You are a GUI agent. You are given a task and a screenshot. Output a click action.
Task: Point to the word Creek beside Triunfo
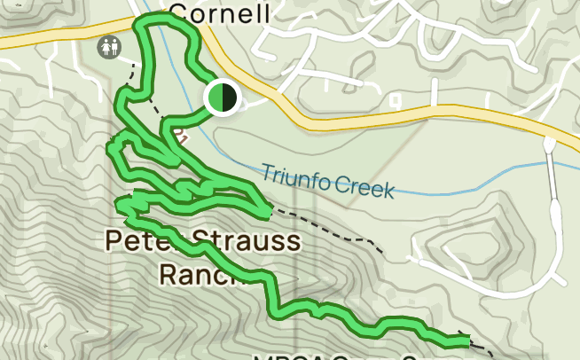point(364,188)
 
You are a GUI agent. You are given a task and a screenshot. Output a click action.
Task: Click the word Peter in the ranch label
point(137,239)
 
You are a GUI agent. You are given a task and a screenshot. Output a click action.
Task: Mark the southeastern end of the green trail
point(465,340)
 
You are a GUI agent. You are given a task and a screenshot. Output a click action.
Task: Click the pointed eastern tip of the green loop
point(268,212)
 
